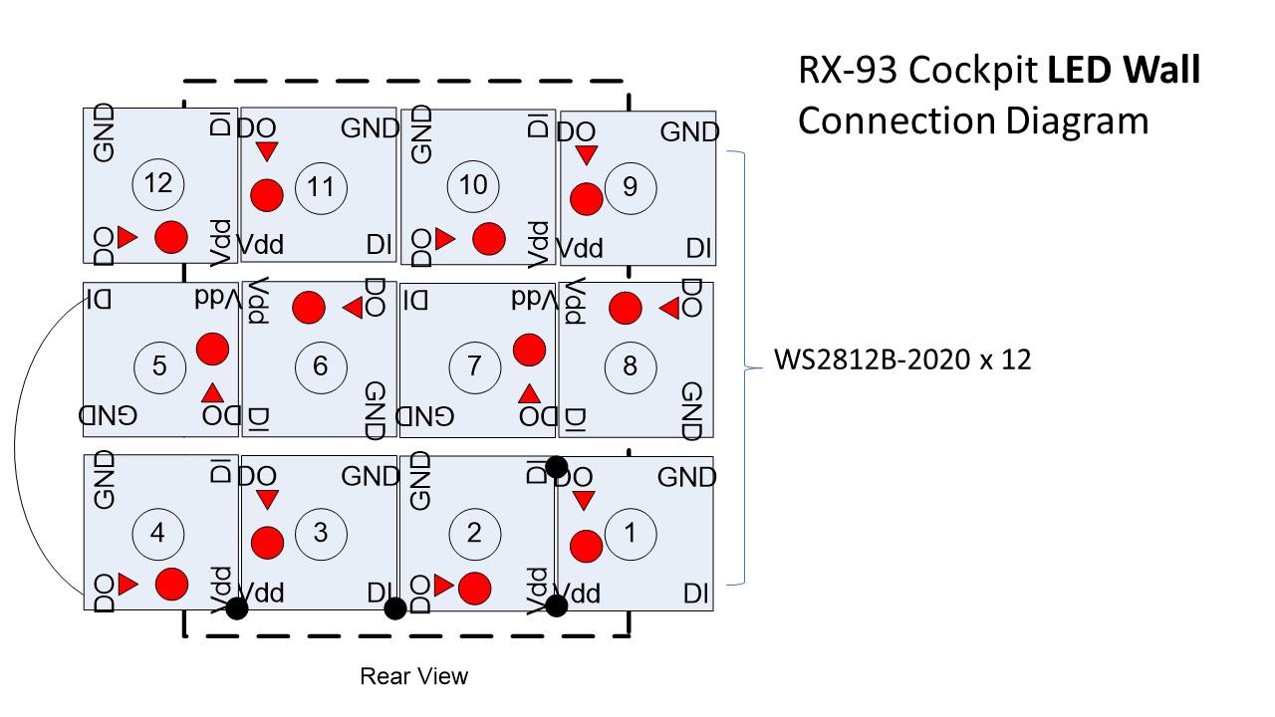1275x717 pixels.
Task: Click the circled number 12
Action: [x=158, y=183]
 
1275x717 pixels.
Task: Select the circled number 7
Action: [x=474, y=365]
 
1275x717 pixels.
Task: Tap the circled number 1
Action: [x=629, y=533]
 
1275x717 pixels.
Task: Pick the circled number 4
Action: [x=156, y=533]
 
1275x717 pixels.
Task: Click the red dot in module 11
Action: [x=266, y=195]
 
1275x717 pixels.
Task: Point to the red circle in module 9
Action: [x=586, y=199]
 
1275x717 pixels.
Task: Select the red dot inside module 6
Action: [x=309, y=308]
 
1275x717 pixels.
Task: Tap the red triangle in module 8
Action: [x=668, y=310]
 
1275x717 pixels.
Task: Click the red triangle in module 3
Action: [x=267, y=499]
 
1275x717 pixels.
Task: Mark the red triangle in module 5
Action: [x=212, y=392]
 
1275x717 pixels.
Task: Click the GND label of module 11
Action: [x=370, y=128]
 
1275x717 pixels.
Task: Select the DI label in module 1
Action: [x=696, y=595]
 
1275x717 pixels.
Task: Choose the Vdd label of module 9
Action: [x=579, y=248]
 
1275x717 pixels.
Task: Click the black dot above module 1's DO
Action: [x=556, y=466]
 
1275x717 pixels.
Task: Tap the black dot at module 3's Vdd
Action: [x=237, y=608]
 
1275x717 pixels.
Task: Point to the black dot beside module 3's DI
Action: [x=394, y=608]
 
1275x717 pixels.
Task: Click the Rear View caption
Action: [x=413, y=677]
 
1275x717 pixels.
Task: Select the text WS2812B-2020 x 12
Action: [x=902, y=359]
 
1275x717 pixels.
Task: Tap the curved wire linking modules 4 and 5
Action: [x=17, y=448]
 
